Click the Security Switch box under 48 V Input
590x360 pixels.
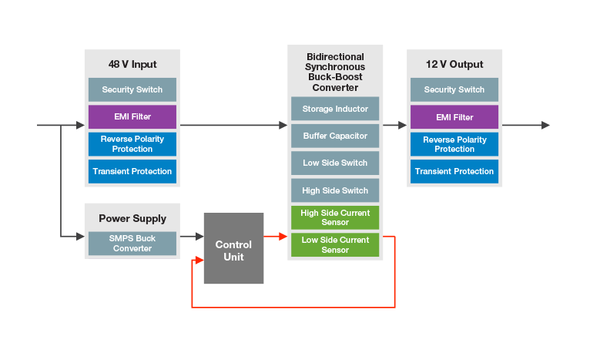pos(132,89)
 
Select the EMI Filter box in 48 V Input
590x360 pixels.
pos(132,117)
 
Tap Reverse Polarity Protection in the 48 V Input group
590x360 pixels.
pos(132,144)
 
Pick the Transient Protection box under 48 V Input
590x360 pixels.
pos(132,171)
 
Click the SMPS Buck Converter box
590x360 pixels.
pos(132,244)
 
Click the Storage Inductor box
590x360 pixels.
pos(335,109)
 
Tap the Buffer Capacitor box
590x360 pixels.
pos(335,136)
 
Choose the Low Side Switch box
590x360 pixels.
pos(335,163)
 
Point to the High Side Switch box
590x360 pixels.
pos(335,190)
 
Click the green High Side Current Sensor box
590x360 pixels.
pos(335,217)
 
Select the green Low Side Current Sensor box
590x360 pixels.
pos(335,244)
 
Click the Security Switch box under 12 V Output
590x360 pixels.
pos(454,89)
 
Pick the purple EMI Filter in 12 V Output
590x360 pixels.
pos(454,117)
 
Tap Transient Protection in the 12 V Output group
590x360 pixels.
pos(454,171)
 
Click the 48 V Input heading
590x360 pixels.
pos(132,64)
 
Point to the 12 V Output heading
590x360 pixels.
pos(454,64)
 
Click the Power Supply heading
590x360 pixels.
pos(132,218)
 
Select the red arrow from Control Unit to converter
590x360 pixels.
pos(275,237)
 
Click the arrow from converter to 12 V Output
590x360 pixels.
pos(394,125)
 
